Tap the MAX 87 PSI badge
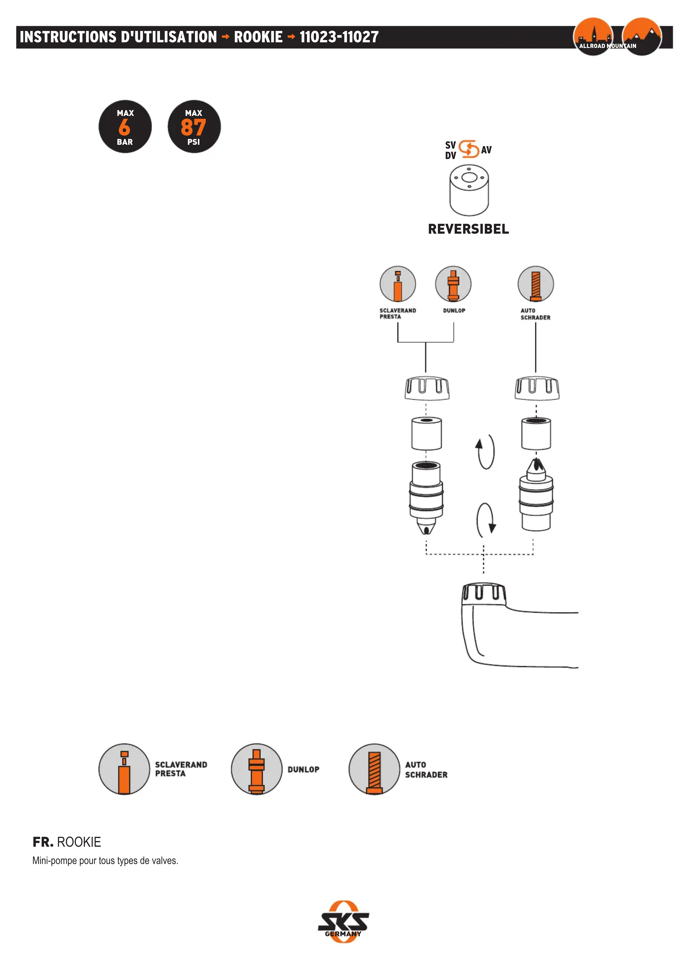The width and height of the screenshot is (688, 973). pos(194,127)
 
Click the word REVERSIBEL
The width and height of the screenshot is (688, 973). pos(468,229)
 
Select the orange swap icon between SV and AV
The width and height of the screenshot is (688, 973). pos(469,149)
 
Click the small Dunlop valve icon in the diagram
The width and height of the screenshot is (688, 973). pos(453,284)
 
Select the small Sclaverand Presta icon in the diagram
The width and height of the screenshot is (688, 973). pos(397,284)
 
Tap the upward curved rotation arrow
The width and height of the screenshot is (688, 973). pos(485,451)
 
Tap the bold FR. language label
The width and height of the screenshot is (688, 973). pos(43,842)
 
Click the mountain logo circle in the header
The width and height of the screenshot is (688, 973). pos(642,36)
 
